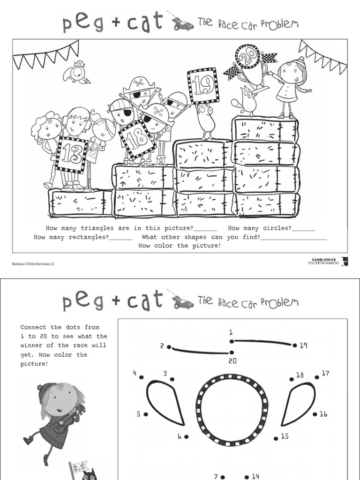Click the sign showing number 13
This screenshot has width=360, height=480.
71,155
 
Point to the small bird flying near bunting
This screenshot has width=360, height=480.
77,71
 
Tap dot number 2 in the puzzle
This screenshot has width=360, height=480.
169,347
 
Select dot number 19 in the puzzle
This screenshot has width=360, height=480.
295,345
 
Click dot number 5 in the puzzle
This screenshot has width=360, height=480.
146,414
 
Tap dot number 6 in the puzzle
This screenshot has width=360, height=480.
186,436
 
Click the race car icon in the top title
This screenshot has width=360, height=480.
182,23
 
